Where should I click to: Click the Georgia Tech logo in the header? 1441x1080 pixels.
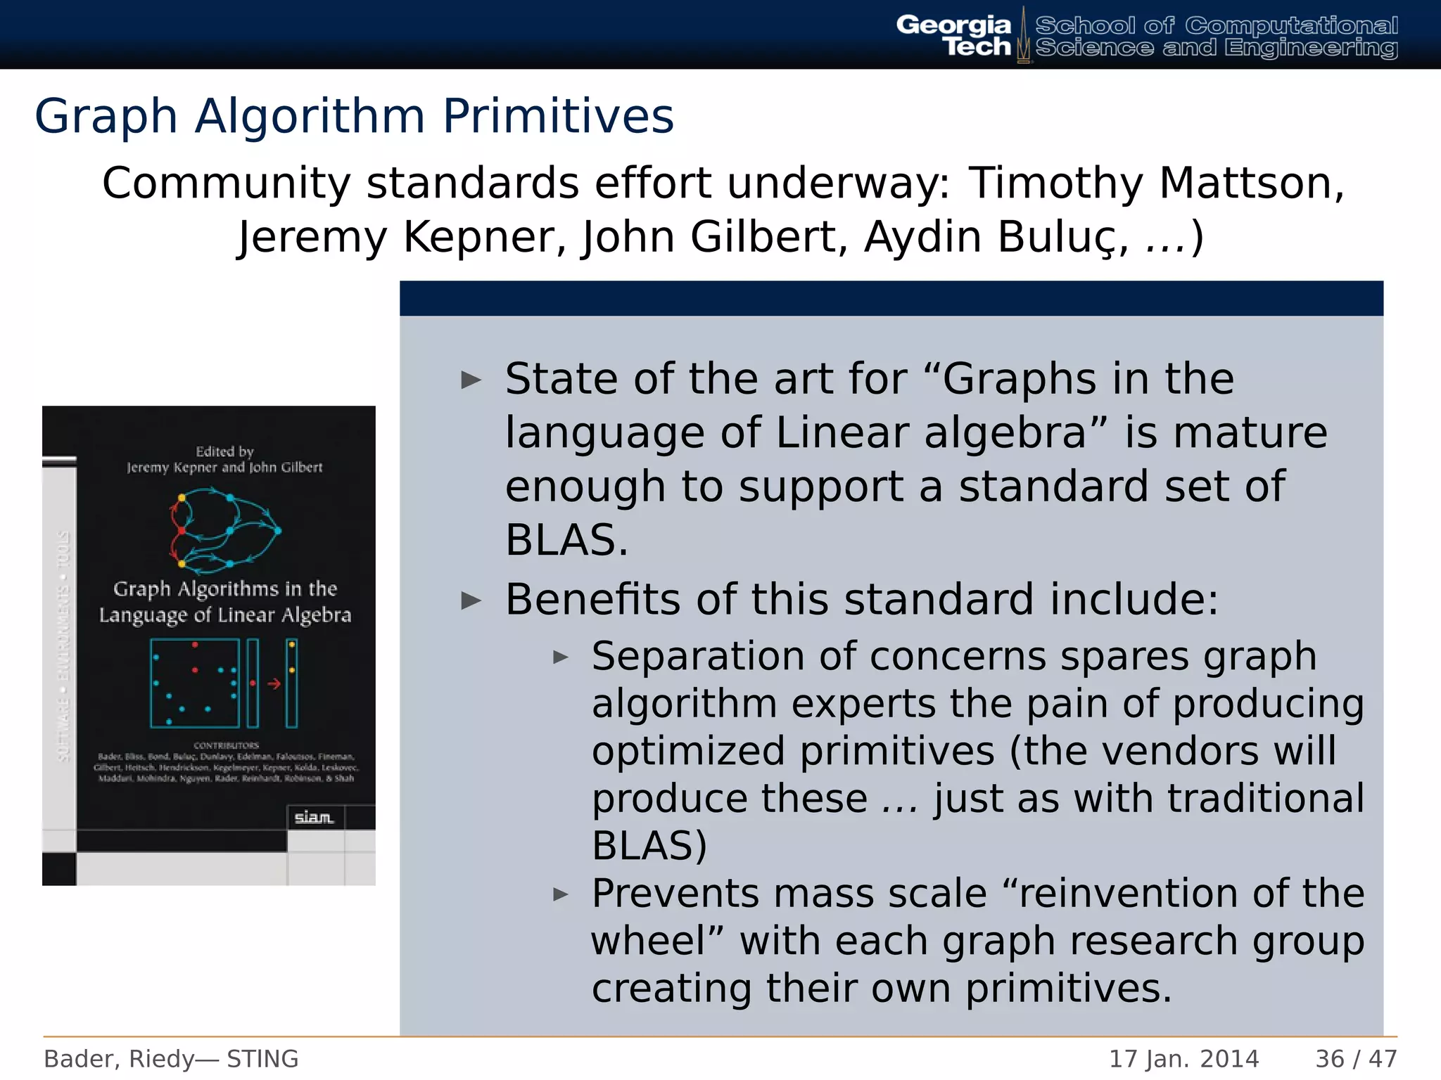click(x=954, y=35)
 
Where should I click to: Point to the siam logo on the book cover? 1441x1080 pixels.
click(x=314, y=817)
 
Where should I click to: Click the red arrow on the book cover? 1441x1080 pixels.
click(x=274, y=683)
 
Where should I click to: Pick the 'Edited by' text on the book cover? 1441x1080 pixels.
click(x=224, y=451)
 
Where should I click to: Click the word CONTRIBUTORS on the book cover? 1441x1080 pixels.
click(x=227, y=745)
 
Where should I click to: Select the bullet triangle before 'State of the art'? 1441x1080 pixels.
click(x=471, y=381)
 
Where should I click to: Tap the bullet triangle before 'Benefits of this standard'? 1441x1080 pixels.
click(x=471, y=601)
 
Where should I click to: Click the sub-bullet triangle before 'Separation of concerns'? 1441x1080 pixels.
click(x=561, y=658)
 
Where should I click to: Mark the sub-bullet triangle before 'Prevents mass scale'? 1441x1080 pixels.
click(x=561, y=895)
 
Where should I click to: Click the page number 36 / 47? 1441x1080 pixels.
click(x=1356, y=1059)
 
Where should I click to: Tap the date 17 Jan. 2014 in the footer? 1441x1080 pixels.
click(x=1183, y=1059)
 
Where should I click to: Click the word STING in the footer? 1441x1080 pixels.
click(x=262, y=1059)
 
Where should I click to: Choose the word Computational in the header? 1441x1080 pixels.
click(x=1291, y=26)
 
